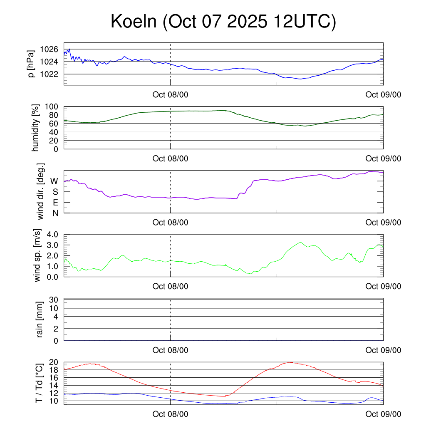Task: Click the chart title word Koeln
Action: tap(134, 22)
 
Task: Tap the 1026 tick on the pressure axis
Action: tap(49, 50)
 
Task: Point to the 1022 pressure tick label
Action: tap(49, 74)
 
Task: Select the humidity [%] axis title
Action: tap(36, 128)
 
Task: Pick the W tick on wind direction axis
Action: tap(54, 181)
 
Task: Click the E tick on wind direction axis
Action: tap(55, 203)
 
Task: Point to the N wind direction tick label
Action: tap(54, 213)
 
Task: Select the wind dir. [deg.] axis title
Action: tap(41, 191)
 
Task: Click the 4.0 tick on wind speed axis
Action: tap(52, 234)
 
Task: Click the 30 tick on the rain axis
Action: tap(54, 300)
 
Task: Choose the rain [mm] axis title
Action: tap(40, 319)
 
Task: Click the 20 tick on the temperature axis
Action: tap(54, 362)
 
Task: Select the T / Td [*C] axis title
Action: tap(39, 383)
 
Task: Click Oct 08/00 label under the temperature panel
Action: tap(170, 414)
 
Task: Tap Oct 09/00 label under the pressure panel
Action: tap(383, 94)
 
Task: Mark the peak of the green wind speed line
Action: tap(300, 243)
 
